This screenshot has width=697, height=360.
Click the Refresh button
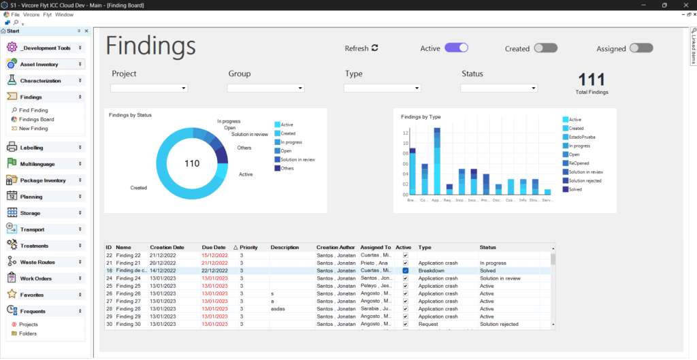[361, 48]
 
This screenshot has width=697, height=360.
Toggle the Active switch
[457, 48]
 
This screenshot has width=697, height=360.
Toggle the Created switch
[545, 48]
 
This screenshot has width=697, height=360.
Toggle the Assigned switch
[641, 48]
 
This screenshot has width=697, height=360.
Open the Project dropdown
[149, 88]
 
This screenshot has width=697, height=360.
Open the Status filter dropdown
[499, 88]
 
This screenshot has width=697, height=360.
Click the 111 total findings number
[591, 79]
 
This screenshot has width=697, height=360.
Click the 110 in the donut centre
[192, 163]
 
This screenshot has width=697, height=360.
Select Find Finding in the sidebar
[33, 110]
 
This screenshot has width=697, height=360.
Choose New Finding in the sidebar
[33, 129]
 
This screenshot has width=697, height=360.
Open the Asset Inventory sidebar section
[39, 65]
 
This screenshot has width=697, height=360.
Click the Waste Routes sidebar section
[37, 262]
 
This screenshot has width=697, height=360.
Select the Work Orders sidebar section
[36, 278]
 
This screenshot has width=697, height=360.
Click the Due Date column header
[213, 248]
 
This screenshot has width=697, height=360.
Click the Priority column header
[248, 248]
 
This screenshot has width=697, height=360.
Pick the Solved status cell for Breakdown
[487, 270]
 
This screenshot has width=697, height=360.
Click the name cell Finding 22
[128, 255]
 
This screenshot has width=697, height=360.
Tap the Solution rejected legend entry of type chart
[585, 180]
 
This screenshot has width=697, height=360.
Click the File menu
[16, 14]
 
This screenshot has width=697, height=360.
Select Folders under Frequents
[28, 333]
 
